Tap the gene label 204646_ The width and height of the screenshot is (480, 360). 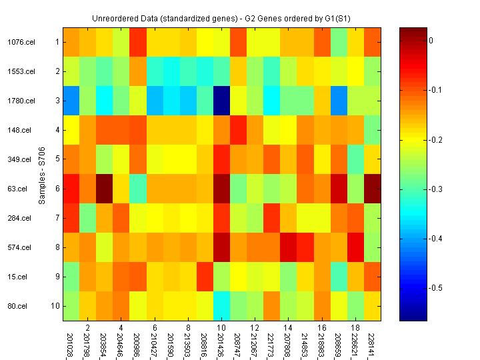[121, 341]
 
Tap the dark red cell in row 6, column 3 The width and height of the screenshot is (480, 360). [104, 189]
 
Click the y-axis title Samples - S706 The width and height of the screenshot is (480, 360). [42, 175]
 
